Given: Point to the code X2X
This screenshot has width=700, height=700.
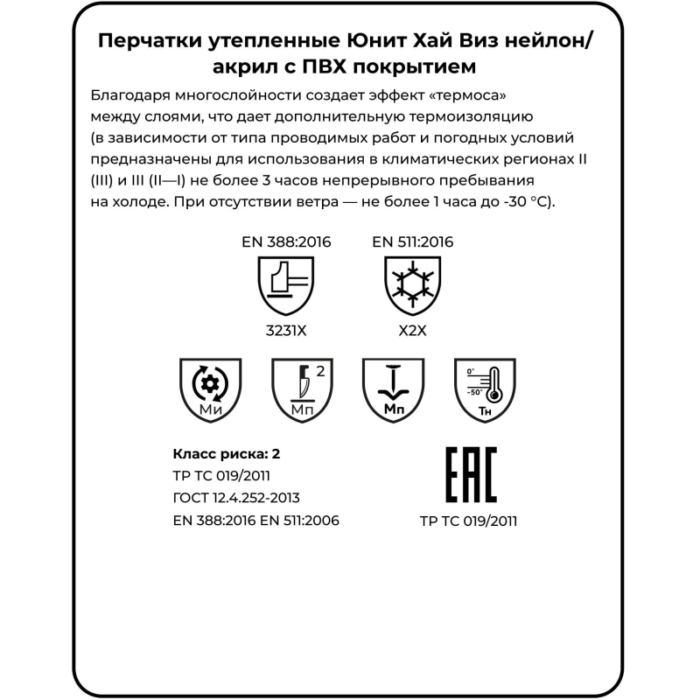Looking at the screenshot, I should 412,332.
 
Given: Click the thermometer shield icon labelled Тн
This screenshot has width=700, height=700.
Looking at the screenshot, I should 480,388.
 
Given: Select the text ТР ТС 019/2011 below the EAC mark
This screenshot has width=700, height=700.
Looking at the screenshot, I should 468,521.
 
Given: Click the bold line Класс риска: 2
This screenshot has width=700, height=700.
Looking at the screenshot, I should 227,454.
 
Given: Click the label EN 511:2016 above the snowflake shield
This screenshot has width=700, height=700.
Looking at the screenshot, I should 412,242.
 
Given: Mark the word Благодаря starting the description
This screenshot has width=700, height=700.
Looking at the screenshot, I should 128,94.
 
